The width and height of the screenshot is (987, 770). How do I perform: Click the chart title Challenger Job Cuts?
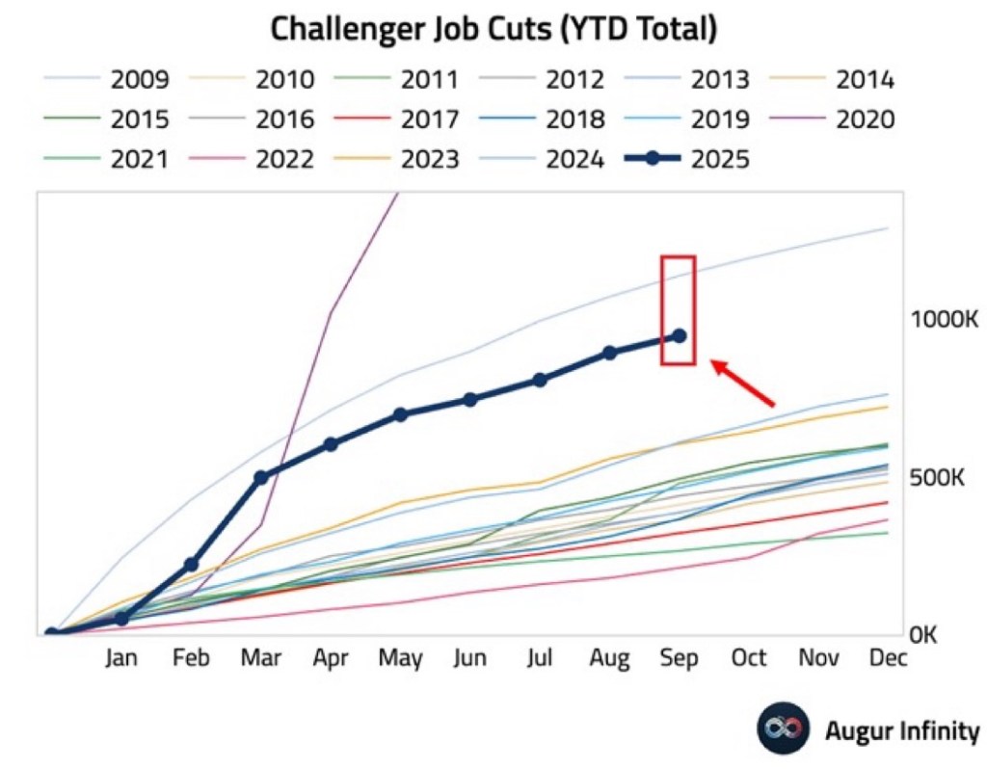click(x=493, y=28)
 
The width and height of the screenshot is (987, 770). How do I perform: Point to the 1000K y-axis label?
click(x=944, y=320)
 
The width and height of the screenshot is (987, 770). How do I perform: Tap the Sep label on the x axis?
click(x=680, y=659)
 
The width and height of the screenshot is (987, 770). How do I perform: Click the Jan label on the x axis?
click(x=120, y=659)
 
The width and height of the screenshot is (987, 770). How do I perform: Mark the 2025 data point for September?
click(x=680, y=335)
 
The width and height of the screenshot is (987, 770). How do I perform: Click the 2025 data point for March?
click(x=260, y=477)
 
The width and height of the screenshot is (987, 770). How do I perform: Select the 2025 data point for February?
click(x=191, y=565)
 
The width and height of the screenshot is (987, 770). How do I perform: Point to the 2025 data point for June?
click(x=470, y=399)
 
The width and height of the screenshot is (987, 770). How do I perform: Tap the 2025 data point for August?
click(x=609, y=353)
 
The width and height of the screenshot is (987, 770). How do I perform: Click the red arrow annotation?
click(x=743, y=384)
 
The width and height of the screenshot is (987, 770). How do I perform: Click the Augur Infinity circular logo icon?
click(x=782, y=729)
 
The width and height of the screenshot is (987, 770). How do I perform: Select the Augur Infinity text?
click(x=900, y=730)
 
